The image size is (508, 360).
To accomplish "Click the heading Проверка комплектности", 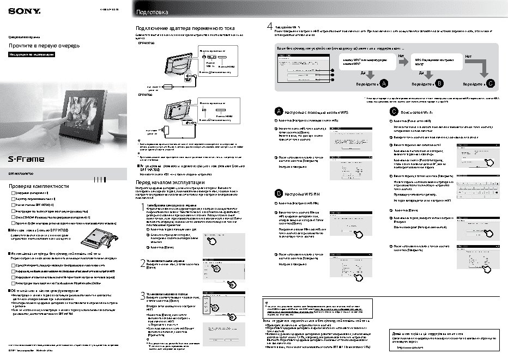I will (38, 186).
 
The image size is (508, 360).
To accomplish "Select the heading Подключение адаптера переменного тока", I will (185, 27).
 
